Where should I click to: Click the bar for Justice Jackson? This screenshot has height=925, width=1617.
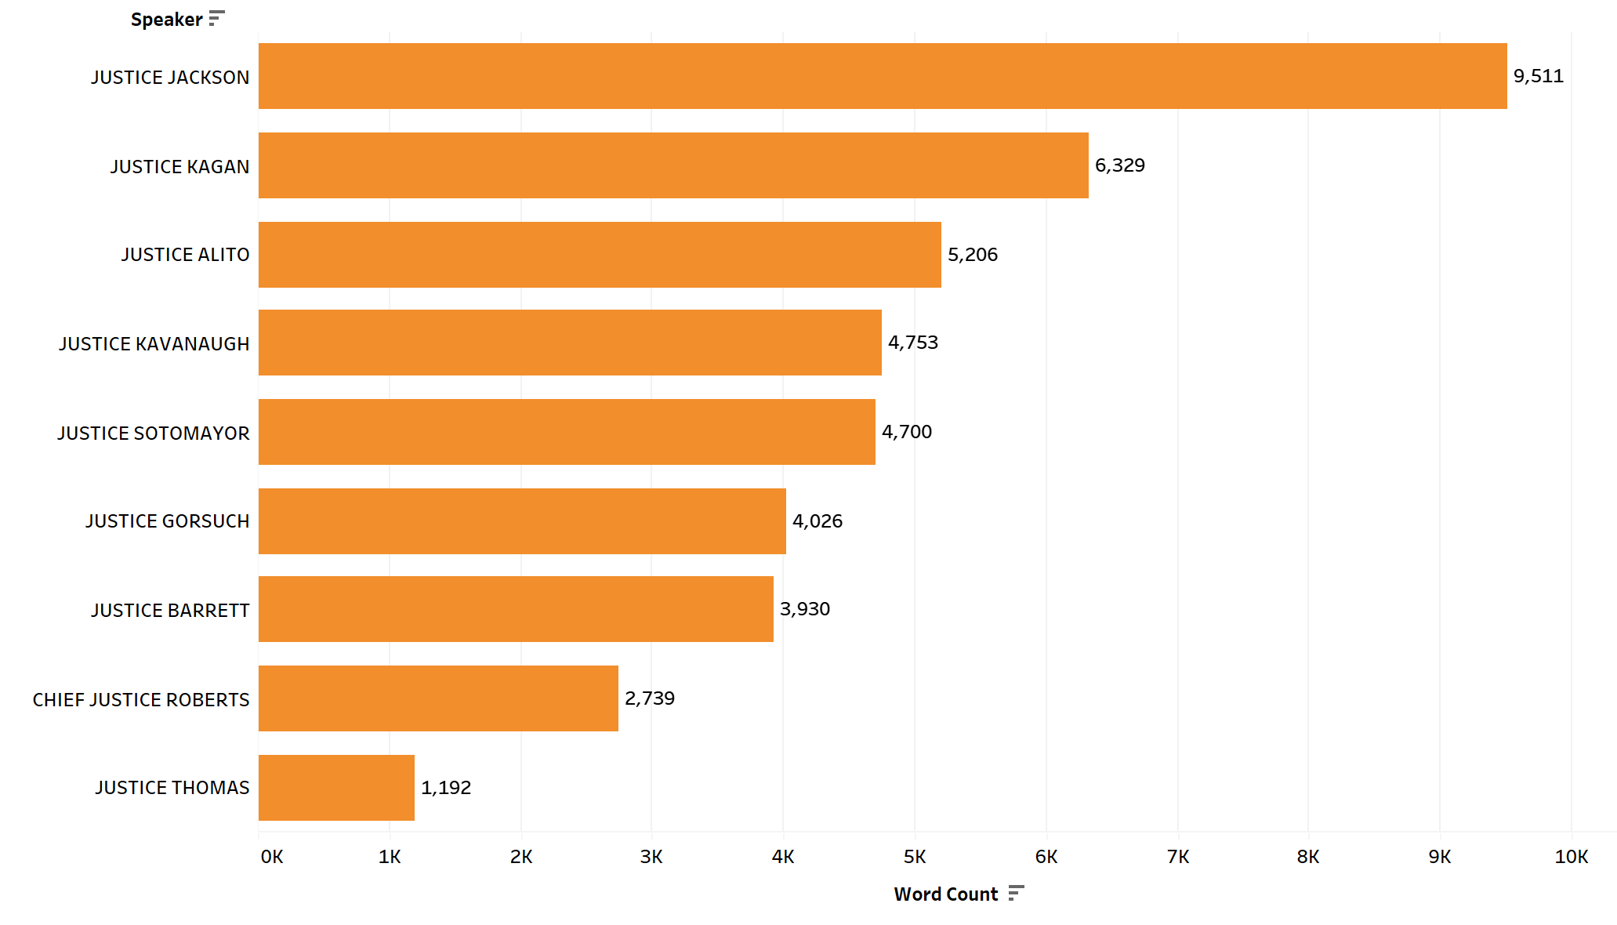(882, 76)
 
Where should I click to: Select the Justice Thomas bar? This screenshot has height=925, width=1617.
(336, 788)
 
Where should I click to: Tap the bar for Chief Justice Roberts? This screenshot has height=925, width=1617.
(438, 698)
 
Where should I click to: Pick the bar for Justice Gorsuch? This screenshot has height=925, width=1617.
(522, 521)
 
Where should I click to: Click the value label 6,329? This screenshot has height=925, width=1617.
(1119, 165)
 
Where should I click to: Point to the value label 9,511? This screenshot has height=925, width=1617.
(1538, 76)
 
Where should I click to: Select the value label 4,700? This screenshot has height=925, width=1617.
(906, 432)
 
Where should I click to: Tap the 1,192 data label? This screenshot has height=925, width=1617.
(445, 788)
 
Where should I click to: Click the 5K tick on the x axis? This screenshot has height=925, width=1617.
(914, 857)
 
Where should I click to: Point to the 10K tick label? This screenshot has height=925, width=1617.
(1571, 857)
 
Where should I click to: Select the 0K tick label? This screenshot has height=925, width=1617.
(272, 857)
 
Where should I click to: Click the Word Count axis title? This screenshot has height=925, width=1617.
(945, 894)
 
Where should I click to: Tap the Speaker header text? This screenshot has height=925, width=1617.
(166, 20)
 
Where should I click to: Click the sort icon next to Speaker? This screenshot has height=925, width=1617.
(217, 18)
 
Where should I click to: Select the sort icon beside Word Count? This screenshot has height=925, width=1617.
(1016, 893)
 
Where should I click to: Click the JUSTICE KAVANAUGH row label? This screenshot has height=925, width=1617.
(154, 344)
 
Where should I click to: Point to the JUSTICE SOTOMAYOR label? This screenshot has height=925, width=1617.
(153, 433)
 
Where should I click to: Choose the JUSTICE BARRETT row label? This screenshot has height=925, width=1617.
(170, 611)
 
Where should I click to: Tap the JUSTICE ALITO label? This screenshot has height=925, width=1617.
(185, 255)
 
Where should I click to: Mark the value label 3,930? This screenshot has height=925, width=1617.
(804, 609)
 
